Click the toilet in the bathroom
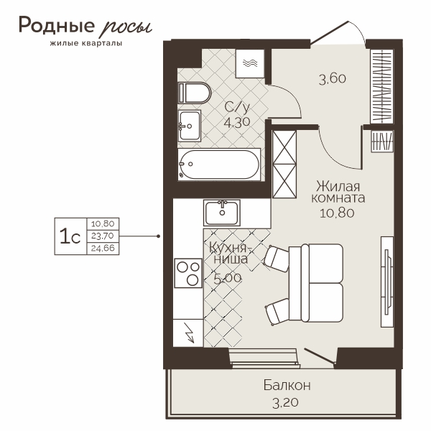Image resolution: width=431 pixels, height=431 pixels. pyautogui.click(x=195, y=93)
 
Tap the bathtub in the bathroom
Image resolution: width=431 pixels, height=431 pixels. pyautogui.click(x=219, y=164)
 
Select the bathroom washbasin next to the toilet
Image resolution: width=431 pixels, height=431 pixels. pyautogui.click(x=190, y=126)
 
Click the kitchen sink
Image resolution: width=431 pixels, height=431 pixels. pyautogui.click(x=222, y=213)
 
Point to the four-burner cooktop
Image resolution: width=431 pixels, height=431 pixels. pyautogui.click(x=188, y=273)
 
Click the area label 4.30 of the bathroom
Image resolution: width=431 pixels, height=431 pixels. pyautogui.click(x=236, y=122)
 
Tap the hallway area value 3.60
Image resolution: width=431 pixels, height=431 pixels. pyautogui.click(x=333, y=79)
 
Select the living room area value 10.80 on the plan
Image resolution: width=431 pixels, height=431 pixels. pyautogui.click(x=337, y=213)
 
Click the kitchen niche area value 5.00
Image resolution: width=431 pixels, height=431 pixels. pyautogui.click(x=228, y=279)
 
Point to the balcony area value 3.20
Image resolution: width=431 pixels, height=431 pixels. pyautogui.click(x=285, y=403)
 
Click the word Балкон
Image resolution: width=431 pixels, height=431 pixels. pyautogui.click(x=287, y=385)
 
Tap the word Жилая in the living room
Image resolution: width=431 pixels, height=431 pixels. pyautogui.click(x=338, y=186)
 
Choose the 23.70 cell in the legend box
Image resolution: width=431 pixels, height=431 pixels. pyautogui.click(x=103, y=236)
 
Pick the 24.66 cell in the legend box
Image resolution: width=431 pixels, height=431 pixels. pyautogui.click(x=103, y=249)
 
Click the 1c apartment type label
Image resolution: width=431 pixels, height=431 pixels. pyautogui.click(x=70, y=236)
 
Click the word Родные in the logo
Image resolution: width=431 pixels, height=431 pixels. pyautogui.click(x=57, y=26)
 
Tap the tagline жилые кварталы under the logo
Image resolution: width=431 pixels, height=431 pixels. pyautogui.click(x=86, y=43)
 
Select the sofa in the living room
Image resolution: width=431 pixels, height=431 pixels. pyautogui.click(x=316, y=283)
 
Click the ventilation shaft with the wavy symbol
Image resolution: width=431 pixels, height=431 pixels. pyautogui.click(x=250, y=63)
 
